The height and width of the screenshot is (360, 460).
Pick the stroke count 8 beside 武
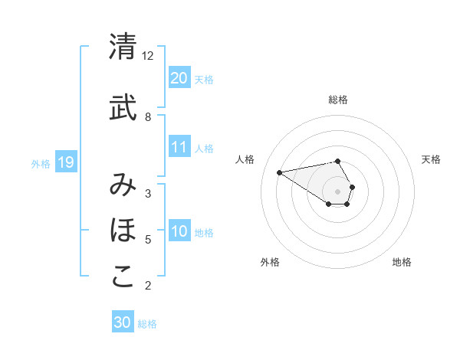tap(148, 117)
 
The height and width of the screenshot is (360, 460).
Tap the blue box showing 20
tap(179, 78)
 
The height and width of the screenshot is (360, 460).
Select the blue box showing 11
tap(179, 147)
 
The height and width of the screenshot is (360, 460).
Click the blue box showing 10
tap(179, 232)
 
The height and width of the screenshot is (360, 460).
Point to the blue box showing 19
tap(66, 162)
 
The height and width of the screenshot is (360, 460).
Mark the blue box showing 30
tap(123, 322)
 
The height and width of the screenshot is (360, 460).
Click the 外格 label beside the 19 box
tap(41, 163)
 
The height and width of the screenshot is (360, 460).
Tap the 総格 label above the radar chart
tap(338, 100)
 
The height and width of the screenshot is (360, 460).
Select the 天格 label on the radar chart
tap(432, 159)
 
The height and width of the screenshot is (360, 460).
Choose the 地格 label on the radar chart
tap(402, 262)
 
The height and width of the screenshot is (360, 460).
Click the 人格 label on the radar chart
tap(245, 159)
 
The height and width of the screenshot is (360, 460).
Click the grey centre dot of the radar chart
tap(338, 191)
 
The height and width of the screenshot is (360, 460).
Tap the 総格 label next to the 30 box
tap(147, 324)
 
